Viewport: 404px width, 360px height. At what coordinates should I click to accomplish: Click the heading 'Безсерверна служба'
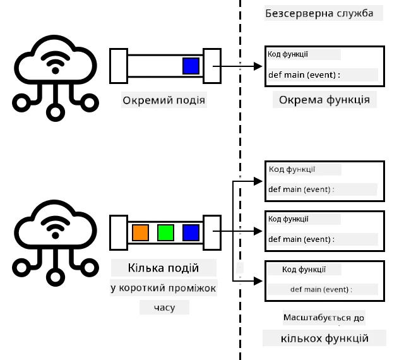[319, 13]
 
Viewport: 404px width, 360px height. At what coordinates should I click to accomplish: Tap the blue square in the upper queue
[191, 66]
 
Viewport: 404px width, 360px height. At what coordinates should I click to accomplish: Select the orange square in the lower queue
[140, 232]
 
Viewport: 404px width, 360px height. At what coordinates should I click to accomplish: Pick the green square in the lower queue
[165, 232]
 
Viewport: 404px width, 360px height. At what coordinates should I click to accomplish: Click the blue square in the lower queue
[191, 232]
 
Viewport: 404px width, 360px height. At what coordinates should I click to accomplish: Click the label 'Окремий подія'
[164, 100]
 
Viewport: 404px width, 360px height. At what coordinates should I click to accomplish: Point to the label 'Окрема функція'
[324, 100]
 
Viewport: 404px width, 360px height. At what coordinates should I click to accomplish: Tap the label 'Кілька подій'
[163, 268]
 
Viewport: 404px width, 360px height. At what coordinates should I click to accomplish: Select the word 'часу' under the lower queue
[164, 308]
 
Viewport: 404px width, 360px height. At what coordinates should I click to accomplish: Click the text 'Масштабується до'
[324, 318]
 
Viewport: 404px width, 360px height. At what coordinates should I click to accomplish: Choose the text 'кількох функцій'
[324, 338]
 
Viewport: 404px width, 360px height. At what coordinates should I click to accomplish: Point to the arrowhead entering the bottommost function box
[258, 281]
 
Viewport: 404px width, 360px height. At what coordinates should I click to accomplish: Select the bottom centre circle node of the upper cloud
[55, 112]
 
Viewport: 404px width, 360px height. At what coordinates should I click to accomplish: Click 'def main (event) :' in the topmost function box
[304, 75]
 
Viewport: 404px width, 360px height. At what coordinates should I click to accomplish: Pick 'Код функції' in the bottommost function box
[304, 270]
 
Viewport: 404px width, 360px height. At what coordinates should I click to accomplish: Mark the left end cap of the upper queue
[119, 66]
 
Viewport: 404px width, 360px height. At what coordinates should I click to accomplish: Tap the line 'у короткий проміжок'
[163, 288]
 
